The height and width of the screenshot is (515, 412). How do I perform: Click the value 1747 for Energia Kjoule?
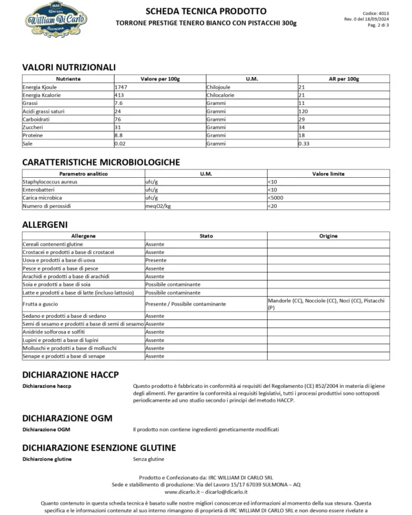[122, 88]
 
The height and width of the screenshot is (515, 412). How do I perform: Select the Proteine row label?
[34, 135]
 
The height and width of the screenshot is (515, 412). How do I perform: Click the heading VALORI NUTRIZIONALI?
[69, 67]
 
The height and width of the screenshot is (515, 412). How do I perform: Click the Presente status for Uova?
[155, 260]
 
